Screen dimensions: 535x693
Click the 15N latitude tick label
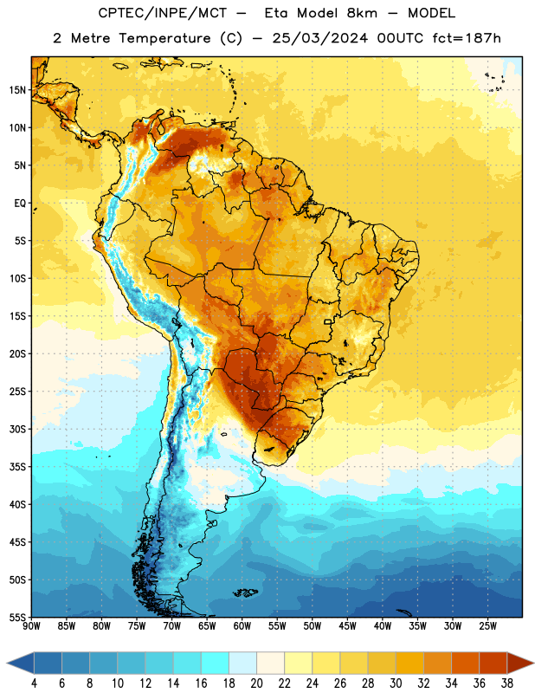point(17,90)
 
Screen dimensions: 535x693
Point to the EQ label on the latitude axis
point(20,204)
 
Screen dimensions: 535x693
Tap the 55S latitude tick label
point(17,617)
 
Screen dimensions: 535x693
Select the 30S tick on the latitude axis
point(17,429)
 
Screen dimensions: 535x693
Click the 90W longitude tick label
point(31,626)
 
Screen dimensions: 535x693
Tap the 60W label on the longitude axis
point(242,626)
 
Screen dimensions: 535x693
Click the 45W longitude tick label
point(347,626)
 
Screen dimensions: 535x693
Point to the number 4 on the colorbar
point(34,683)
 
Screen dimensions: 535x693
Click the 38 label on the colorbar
point(507,683)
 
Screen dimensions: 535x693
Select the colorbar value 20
point(256,683)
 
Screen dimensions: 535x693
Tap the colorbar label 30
point(396,683)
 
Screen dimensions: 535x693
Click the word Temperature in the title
point(164,38)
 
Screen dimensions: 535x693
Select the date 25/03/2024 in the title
point(320,38)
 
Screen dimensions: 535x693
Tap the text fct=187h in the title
point(467,38)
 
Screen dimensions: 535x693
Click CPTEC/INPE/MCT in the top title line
point(163,13)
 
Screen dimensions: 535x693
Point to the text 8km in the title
point(362,13)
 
